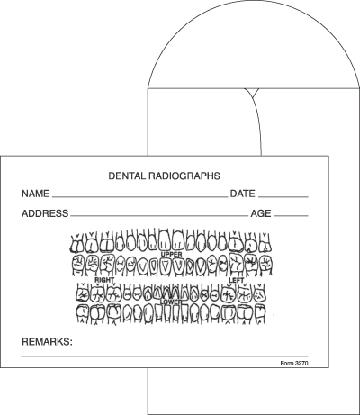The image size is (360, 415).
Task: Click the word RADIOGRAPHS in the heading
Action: coord(184,176)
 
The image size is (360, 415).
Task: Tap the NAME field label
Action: coord(35,194)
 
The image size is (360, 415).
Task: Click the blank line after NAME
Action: coord(140,197)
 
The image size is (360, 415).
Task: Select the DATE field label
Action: coord(242,194)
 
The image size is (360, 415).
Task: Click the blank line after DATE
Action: coord(283,197)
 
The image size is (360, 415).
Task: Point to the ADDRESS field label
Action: coord(45,213)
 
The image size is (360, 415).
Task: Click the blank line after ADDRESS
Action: coord(159,216)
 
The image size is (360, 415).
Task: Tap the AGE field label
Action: coord(261,213)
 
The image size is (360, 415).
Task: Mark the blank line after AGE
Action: coord(292,216)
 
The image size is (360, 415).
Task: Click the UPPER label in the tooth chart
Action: coord(171,255)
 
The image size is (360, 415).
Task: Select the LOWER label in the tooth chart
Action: coord(171,302)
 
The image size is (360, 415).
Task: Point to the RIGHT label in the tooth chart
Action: coord(104,280)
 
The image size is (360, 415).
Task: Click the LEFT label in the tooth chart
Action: coord(237,280)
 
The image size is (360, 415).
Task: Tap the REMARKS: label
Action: coord(47,342)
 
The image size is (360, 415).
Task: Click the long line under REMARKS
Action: coord(165,356)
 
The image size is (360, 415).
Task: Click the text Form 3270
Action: coord(294,364)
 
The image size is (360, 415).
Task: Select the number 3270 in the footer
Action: coord(301,364)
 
